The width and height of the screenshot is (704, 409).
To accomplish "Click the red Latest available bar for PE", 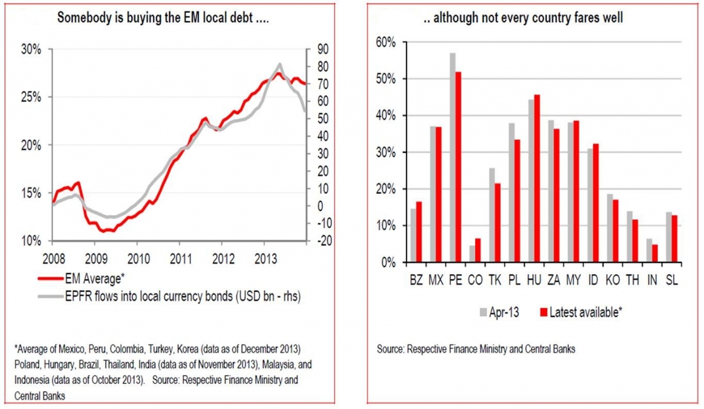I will point(458,167).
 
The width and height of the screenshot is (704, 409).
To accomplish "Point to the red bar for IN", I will point(655,253).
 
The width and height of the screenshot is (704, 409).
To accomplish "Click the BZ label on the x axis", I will point(416,281).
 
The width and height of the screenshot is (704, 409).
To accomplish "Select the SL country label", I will point(673,281).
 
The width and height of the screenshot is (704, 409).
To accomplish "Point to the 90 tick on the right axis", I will point(321,49).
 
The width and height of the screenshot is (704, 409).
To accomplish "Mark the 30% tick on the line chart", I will point(31,49).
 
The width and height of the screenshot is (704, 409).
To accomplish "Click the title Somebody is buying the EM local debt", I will point(163,18).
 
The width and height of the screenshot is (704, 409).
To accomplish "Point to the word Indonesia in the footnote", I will point(34,380).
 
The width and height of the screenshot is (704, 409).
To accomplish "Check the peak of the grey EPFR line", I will point(280,64).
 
